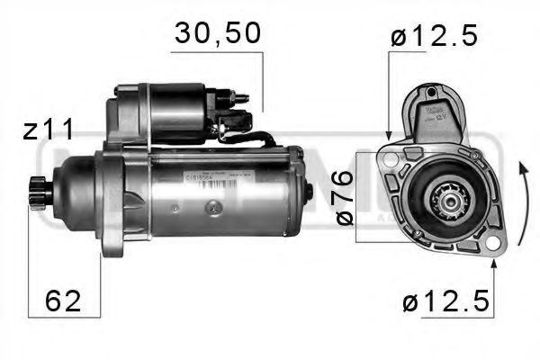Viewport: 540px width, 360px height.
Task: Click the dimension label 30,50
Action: pyautogui.click(x=217, y=33)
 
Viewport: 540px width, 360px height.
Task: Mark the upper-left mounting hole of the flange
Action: pyautogui.click(x=389, y=157)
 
